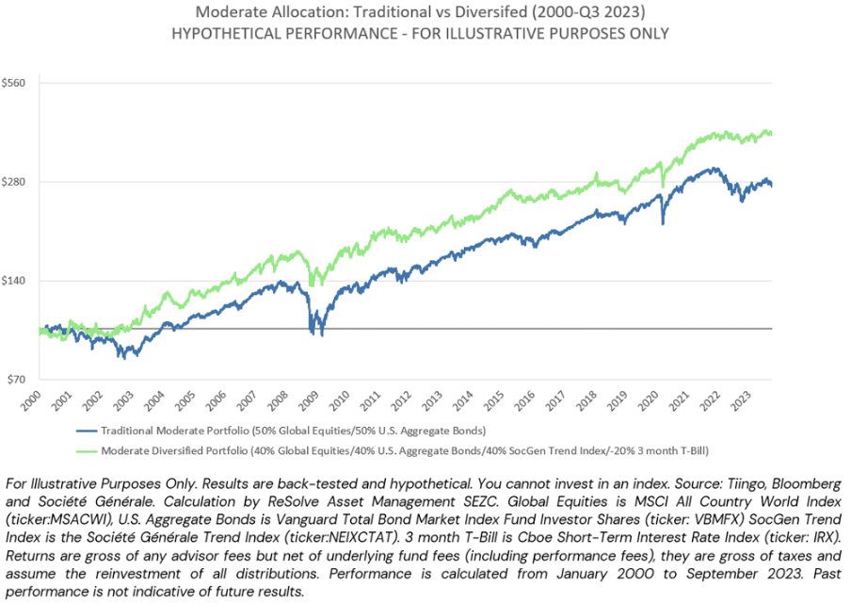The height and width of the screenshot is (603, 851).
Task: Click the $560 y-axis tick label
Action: point(13,83)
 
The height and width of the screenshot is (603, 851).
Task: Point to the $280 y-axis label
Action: point(13,182)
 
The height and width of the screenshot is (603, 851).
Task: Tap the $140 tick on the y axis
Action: point(13,281)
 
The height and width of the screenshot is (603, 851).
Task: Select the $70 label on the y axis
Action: point(16,380)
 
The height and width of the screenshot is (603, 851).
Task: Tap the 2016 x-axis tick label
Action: point(525,400)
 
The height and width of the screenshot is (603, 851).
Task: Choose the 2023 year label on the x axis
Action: point(741,400)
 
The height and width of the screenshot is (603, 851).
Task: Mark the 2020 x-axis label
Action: point(649,400)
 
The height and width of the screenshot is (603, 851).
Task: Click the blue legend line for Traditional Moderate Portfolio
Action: point(87,431)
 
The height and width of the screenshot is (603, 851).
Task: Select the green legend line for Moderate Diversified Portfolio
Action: point(87,451)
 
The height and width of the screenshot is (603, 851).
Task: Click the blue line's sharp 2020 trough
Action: point(663,223)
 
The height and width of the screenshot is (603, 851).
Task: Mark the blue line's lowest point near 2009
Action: point(322,335)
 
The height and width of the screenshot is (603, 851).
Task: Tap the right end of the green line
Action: point(771,134)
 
